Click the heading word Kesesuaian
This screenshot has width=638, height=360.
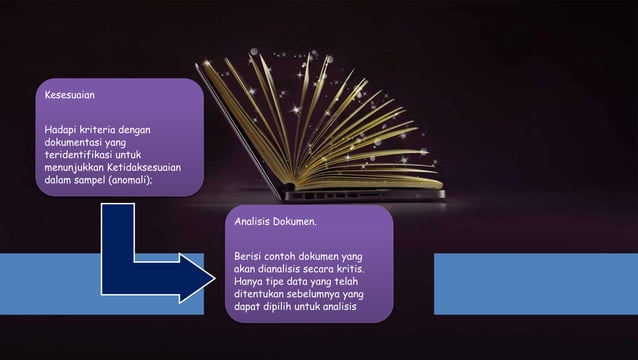click(x=70, y=95)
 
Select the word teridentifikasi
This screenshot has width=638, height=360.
click(x=77, y=155)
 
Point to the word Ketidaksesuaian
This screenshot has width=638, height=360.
click(x=144, y=167)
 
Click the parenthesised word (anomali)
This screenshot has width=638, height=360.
click(x=129, y=180)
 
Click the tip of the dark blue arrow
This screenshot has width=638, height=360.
click(x=215, y=278)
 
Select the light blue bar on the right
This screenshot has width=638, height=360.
click(x=536, y=284)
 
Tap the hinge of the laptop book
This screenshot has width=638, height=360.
click(x=288, y=188)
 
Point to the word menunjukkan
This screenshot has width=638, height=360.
click(x=74, y=167)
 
